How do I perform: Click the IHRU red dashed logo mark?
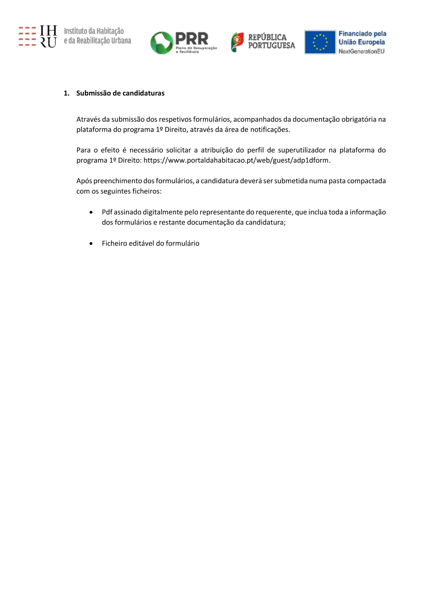coord(27,36)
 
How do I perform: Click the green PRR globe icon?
coord(162,43)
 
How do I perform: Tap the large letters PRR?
coord(192,39)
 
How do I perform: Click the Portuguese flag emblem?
coord(237,42)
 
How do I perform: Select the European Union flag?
coord(320,42)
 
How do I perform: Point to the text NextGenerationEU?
coord(361,51)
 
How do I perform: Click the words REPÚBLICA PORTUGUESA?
coord(272,41)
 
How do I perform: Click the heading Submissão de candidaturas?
coord(120,93)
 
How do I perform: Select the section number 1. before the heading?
coord(67,93)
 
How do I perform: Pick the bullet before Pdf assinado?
coord(91,212)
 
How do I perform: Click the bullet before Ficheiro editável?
coord(91,243)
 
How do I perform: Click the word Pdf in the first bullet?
coord(107,212)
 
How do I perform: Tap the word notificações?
coord(270,130)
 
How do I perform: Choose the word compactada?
coord(366,181)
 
